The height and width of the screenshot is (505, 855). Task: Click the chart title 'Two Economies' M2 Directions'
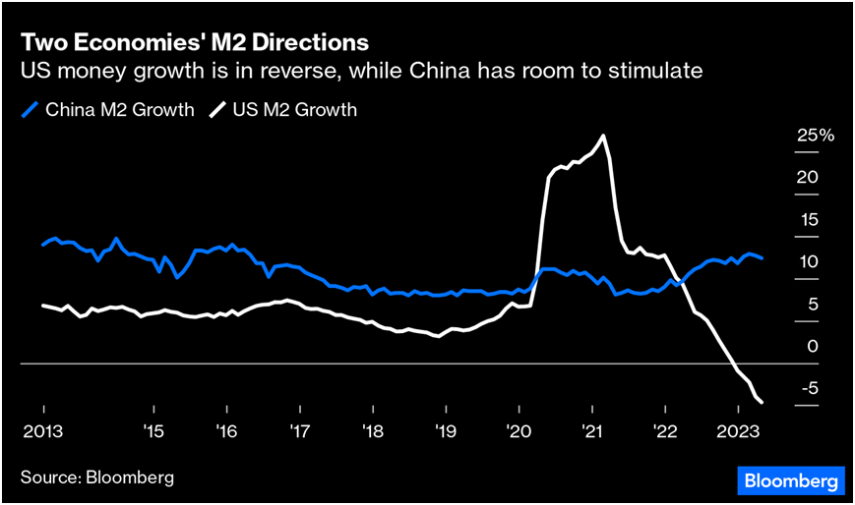(x=195, y=43)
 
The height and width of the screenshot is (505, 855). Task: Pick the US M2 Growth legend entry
(x=284, y=109)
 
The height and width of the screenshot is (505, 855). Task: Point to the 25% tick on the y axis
(x=815, y=136)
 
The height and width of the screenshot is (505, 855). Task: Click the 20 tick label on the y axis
(x=807, y=178)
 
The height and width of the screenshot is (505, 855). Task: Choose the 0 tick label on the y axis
(x=812, y=347)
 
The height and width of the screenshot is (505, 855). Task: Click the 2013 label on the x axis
(x=43, y=430)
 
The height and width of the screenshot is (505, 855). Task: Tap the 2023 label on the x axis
(x=738, y=430)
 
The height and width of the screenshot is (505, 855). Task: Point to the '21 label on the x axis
(x=591, y=430)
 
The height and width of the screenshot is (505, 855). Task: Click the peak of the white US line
(x=602, y=136)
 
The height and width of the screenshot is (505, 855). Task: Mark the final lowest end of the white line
(x=763, y=401)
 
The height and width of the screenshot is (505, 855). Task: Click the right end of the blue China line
(x=762, y=258)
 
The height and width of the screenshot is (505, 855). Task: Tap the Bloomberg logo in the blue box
(x=791, y=480)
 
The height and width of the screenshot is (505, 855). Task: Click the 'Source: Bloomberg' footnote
(x=97, y=477)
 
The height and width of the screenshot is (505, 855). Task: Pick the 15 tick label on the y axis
(x=807, y=220)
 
